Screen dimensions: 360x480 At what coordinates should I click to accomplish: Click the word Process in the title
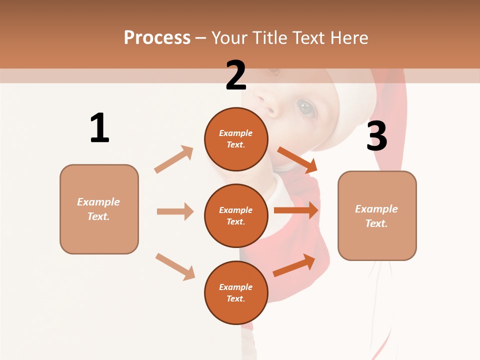pos(157,37)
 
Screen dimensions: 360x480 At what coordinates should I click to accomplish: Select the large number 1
pos(99,128)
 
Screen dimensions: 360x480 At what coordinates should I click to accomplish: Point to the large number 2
pos(236,75)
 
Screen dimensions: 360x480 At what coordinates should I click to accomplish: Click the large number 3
pos(377,136)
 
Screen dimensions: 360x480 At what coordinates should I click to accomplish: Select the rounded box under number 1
pos(99,209)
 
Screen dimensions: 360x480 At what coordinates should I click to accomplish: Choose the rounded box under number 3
pos(377,216)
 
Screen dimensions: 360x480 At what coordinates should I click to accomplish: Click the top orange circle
pos(236,139)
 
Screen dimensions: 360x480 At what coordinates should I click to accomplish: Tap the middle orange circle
pos(236,215)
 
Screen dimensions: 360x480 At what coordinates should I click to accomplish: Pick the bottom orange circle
pos(236,292)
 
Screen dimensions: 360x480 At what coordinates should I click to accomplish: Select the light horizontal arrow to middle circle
pos(175,211)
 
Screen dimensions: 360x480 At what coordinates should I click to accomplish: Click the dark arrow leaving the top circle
pos(297,159)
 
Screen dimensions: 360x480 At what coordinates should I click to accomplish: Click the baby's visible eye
pos(305,106)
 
